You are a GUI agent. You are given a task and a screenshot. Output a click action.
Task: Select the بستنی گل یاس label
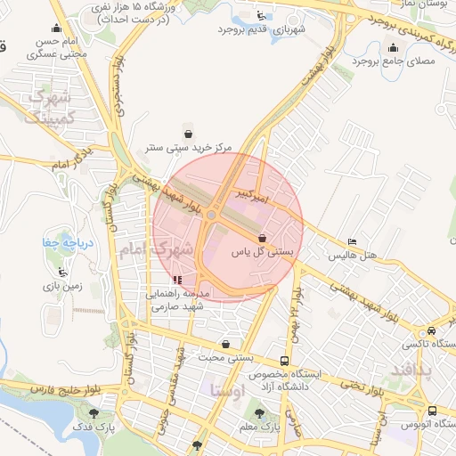[263, 252]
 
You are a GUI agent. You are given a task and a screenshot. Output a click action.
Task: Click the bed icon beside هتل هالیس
[353, 242]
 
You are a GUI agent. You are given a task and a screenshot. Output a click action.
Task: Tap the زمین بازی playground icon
[61, 273]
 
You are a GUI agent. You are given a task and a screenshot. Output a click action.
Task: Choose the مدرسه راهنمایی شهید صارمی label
[178, 299]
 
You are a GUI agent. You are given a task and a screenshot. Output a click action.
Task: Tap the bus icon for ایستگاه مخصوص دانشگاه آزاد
[284, 362]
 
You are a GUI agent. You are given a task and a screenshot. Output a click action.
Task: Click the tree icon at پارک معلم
[259, 414]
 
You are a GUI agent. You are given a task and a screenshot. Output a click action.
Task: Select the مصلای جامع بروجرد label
[392, 61]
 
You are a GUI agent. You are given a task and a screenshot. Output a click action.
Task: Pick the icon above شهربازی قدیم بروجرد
[259, 15]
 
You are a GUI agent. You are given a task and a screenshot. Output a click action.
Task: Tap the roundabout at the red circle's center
[212, 215]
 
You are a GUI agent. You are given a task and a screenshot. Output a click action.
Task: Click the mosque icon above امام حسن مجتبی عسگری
[57, 28]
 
